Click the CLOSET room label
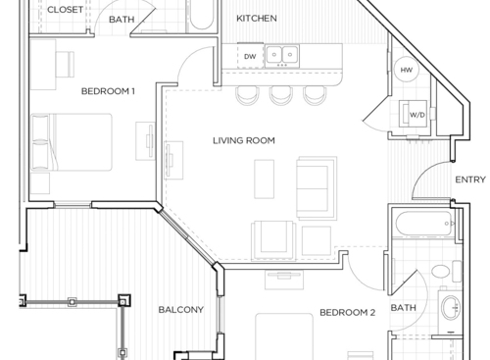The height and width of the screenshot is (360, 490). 66,10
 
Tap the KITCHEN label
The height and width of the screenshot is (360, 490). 258,19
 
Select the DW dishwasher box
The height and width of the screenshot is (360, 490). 250,57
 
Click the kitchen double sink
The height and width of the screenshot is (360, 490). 283,56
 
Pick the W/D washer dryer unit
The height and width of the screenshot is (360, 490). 415,115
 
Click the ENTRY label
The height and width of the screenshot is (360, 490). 469,180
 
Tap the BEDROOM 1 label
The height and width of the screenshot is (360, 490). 108,91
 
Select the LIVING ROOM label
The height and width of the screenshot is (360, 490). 244,140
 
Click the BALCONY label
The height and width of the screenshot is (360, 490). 180,310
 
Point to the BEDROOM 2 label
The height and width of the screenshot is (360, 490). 347,313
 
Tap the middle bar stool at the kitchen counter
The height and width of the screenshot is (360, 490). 281,94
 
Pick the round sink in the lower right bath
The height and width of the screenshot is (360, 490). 451,310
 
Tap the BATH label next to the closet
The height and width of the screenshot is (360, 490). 122,19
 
